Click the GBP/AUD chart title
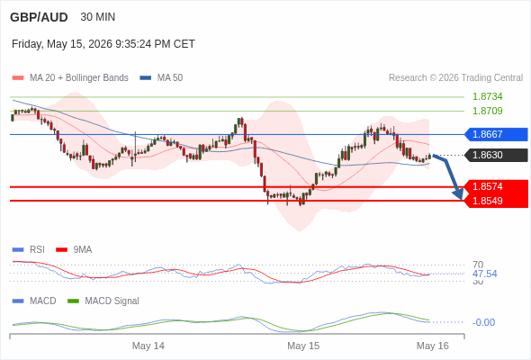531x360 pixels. (x=39, y=17)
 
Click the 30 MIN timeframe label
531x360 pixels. (x=98, y=17)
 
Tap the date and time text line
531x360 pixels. (x=103, y=44)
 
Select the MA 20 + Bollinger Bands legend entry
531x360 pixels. (x=70, y=78)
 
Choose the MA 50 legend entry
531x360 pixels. (x=161, y=78)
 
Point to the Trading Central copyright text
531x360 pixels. (x=455, y=78)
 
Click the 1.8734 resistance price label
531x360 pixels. (x=487, y=96)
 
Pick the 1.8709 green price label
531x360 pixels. (x=487, y=111)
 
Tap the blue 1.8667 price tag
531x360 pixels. (x=496, y=134)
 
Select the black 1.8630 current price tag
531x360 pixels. (x=496, y=155)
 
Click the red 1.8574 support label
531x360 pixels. (x=496, y=186)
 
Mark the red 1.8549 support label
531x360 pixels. (x=496, y=201)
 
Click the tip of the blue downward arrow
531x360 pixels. (x=461, y=200)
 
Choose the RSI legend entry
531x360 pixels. (x=28, y=249)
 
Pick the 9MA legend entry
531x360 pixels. (x=74, y=249)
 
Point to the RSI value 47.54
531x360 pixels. (x=484, y=274)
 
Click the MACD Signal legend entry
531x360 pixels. (x=103, y=301)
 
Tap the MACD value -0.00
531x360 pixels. (x=483, y=322)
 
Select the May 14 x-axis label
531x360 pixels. (x=148, y=346)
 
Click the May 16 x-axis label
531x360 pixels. (x=433, y=346)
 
